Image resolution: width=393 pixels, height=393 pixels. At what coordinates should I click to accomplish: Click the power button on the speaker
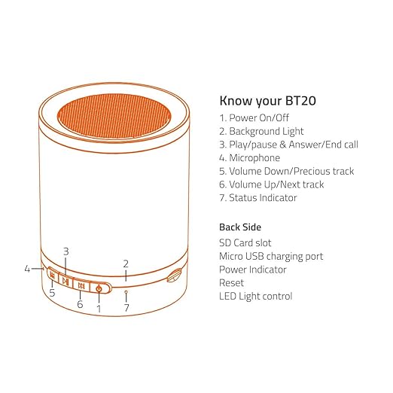pos(99,288)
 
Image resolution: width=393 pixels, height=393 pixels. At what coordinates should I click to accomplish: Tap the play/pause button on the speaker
pos(65,282)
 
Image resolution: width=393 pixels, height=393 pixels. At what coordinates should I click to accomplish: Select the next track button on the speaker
pos(81,286)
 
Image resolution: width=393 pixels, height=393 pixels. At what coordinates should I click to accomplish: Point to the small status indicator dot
pos(126,291)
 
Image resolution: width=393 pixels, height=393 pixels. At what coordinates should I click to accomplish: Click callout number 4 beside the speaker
pos(27,267)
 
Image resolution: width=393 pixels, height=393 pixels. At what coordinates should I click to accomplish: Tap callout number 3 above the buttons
pos(66,251)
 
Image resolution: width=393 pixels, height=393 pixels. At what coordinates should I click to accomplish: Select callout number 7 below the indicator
pos(126,308)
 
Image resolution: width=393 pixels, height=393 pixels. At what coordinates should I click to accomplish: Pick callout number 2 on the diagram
pos(126,264)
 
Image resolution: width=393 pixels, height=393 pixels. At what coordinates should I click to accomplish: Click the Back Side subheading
pos(241,227)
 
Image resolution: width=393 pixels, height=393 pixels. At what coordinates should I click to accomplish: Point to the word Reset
pos(232,282)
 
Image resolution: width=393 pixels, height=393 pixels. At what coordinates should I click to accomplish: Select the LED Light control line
pos(256,296)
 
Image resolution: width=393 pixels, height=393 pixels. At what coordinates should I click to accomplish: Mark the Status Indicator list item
pos(263,198)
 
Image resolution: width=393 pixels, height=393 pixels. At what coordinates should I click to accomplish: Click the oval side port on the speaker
pos(175,276)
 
